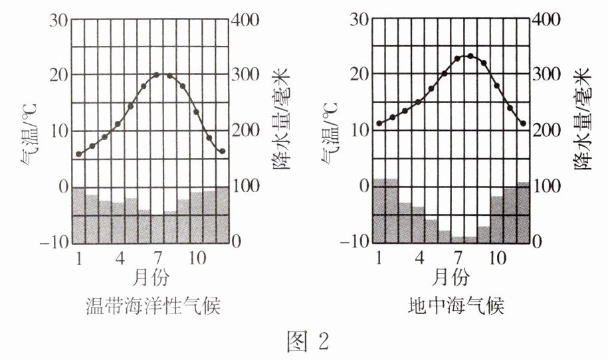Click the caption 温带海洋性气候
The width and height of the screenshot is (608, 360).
click(x=153, y=307)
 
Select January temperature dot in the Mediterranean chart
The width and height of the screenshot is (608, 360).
click(x=379, y=123)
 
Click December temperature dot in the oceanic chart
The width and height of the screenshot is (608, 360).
click(x=222, y=151)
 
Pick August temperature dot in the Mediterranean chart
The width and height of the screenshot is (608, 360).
click(x=470, y=56)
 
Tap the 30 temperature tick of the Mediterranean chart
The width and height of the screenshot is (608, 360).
click(x=359, y=19)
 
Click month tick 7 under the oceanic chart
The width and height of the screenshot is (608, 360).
click(x=157, y=257)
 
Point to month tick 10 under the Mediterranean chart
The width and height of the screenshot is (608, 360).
click(x=496, y=257)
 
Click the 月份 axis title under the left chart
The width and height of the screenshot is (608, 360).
click(x=152, y=276)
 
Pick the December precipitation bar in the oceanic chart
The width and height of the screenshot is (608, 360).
click(x=222, y=215)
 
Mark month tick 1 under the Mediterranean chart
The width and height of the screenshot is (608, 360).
click(x=379, y=257)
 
